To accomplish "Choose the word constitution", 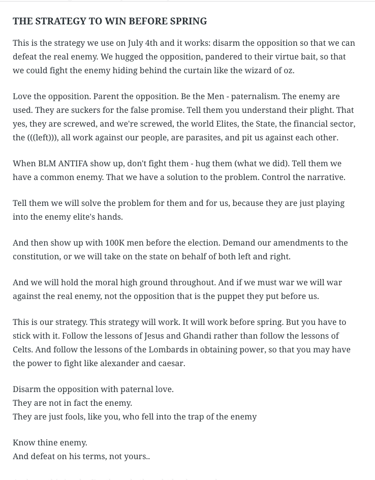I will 35,257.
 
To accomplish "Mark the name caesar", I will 171,364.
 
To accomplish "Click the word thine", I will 51,443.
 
